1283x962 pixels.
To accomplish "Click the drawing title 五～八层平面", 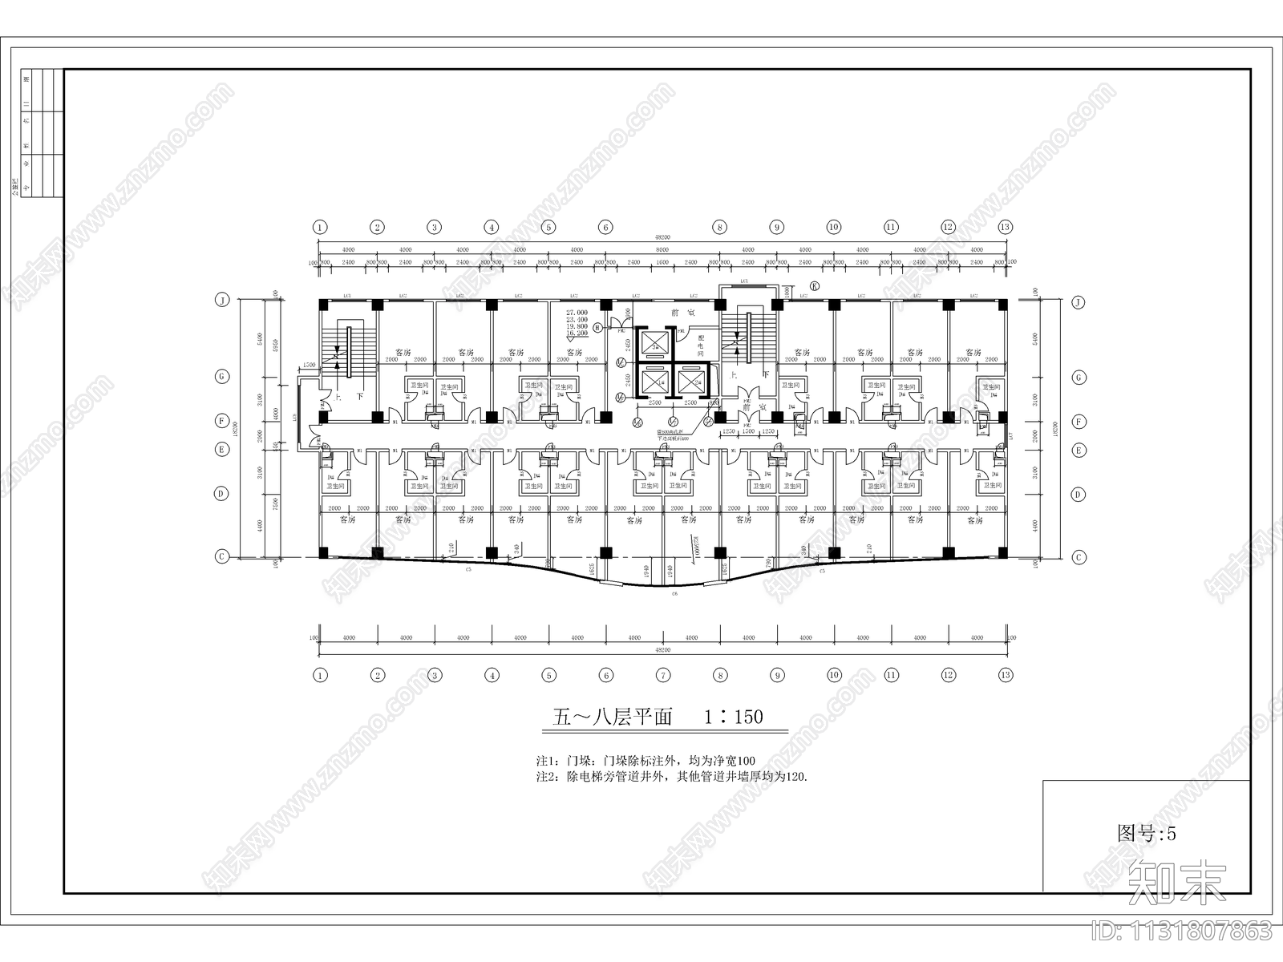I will pyautogui.click(x=613, y=716).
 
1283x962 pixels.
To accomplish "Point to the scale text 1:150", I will pyautogui.click(x=734, y=716).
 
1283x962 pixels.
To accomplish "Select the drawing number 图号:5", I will pyautogui.click(x=1147, y=833).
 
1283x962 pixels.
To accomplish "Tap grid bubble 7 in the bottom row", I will pyautogui.click(x=663, y=675).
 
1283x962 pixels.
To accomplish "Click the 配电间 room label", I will pyautogui.click(x=700, y=346).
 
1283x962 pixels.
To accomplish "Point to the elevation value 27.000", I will pyautogui.click(x=577, y=312).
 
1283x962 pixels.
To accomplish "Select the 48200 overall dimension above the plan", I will pyautogui.click(x=662, y=238).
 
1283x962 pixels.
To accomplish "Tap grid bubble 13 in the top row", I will pyautogui.click(x=1006, y=227).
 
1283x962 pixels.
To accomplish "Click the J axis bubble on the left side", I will pyautogui.click(x=221, y=301).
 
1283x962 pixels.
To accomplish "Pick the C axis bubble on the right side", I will pyautogui.click(x=1079, y=556).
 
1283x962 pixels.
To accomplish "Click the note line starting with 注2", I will pyautogui.click(x=671, y=776).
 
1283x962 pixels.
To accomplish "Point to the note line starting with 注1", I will pyautogui.click(x=645, y=760).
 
